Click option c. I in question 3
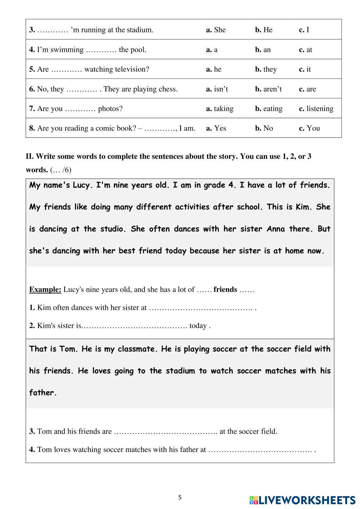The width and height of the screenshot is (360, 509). [304, 30]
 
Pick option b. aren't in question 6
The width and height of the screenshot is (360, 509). [268, 89]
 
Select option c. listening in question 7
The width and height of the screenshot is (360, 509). [316, 108]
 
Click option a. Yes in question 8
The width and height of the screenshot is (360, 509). [216, 128]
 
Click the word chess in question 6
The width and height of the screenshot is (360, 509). [168, 89]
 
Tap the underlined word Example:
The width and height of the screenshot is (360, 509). [45, 290]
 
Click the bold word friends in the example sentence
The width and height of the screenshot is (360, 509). [225, 290]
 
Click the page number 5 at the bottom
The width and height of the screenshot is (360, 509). [180, 497]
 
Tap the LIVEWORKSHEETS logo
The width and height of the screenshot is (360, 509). [302, 500]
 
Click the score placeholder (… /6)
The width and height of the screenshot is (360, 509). [61, 170]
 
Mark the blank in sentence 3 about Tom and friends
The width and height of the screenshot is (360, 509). [165, 432]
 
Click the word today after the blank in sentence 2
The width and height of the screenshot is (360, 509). [198, 326]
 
